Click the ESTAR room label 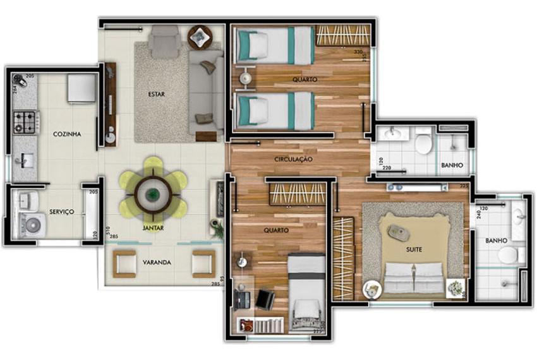(157, 95)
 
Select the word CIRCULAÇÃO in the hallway (293, 160)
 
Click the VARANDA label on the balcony (157, 263)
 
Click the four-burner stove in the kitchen (27, 121)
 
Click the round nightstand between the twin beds (245, 79)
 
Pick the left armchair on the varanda (124, 262)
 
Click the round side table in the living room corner (200, 37)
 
